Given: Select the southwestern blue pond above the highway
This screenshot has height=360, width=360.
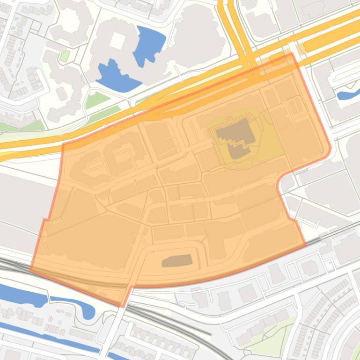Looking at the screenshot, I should point(115,75).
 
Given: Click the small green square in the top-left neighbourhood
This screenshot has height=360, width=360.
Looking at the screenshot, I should point(65,56).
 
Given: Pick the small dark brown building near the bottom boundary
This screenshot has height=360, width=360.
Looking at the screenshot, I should point(177,261).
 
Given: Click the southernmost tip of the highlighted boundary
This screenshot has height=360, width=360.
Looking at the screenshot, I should point(123,307).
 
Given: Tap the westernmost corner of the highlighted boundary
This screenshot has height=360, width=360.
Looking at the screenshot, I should point(31,270).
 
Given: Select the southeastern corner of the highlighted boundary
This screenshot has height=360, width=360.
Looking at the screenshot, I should point(305,245).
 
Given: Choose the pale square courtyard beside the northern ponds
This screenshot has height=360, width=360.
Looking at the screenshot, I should point(116,41).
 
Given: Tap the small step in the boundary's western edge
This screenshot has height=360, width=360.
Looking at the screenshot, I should point(44,220).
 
